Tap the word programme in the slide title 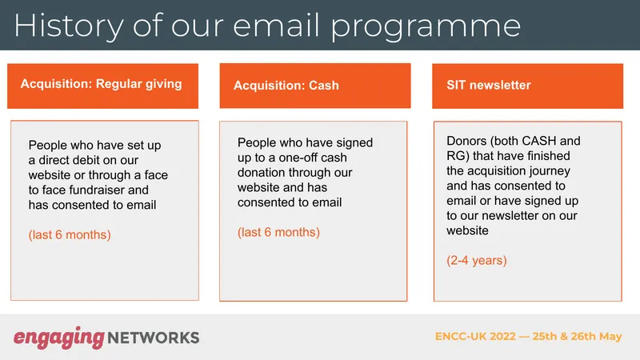coord(426,27)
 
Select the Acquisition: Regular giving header coord(102,84)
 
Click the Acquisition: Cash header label coord(286,86)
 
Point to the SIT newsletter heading coord(489,85)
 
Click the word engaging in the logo coord(59,338)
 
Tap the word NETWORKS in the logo coord(154,338)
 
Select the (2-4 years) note coord(477,261)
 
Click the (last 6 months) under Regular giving coord(70,234)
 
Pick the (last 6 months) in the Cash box coord(278,232)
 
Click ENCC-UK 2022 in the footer coord(475,336)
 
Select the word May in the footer coord(610,337)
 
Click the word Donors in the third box coord(466,141)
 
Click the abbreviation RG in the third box coord(454,156)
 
